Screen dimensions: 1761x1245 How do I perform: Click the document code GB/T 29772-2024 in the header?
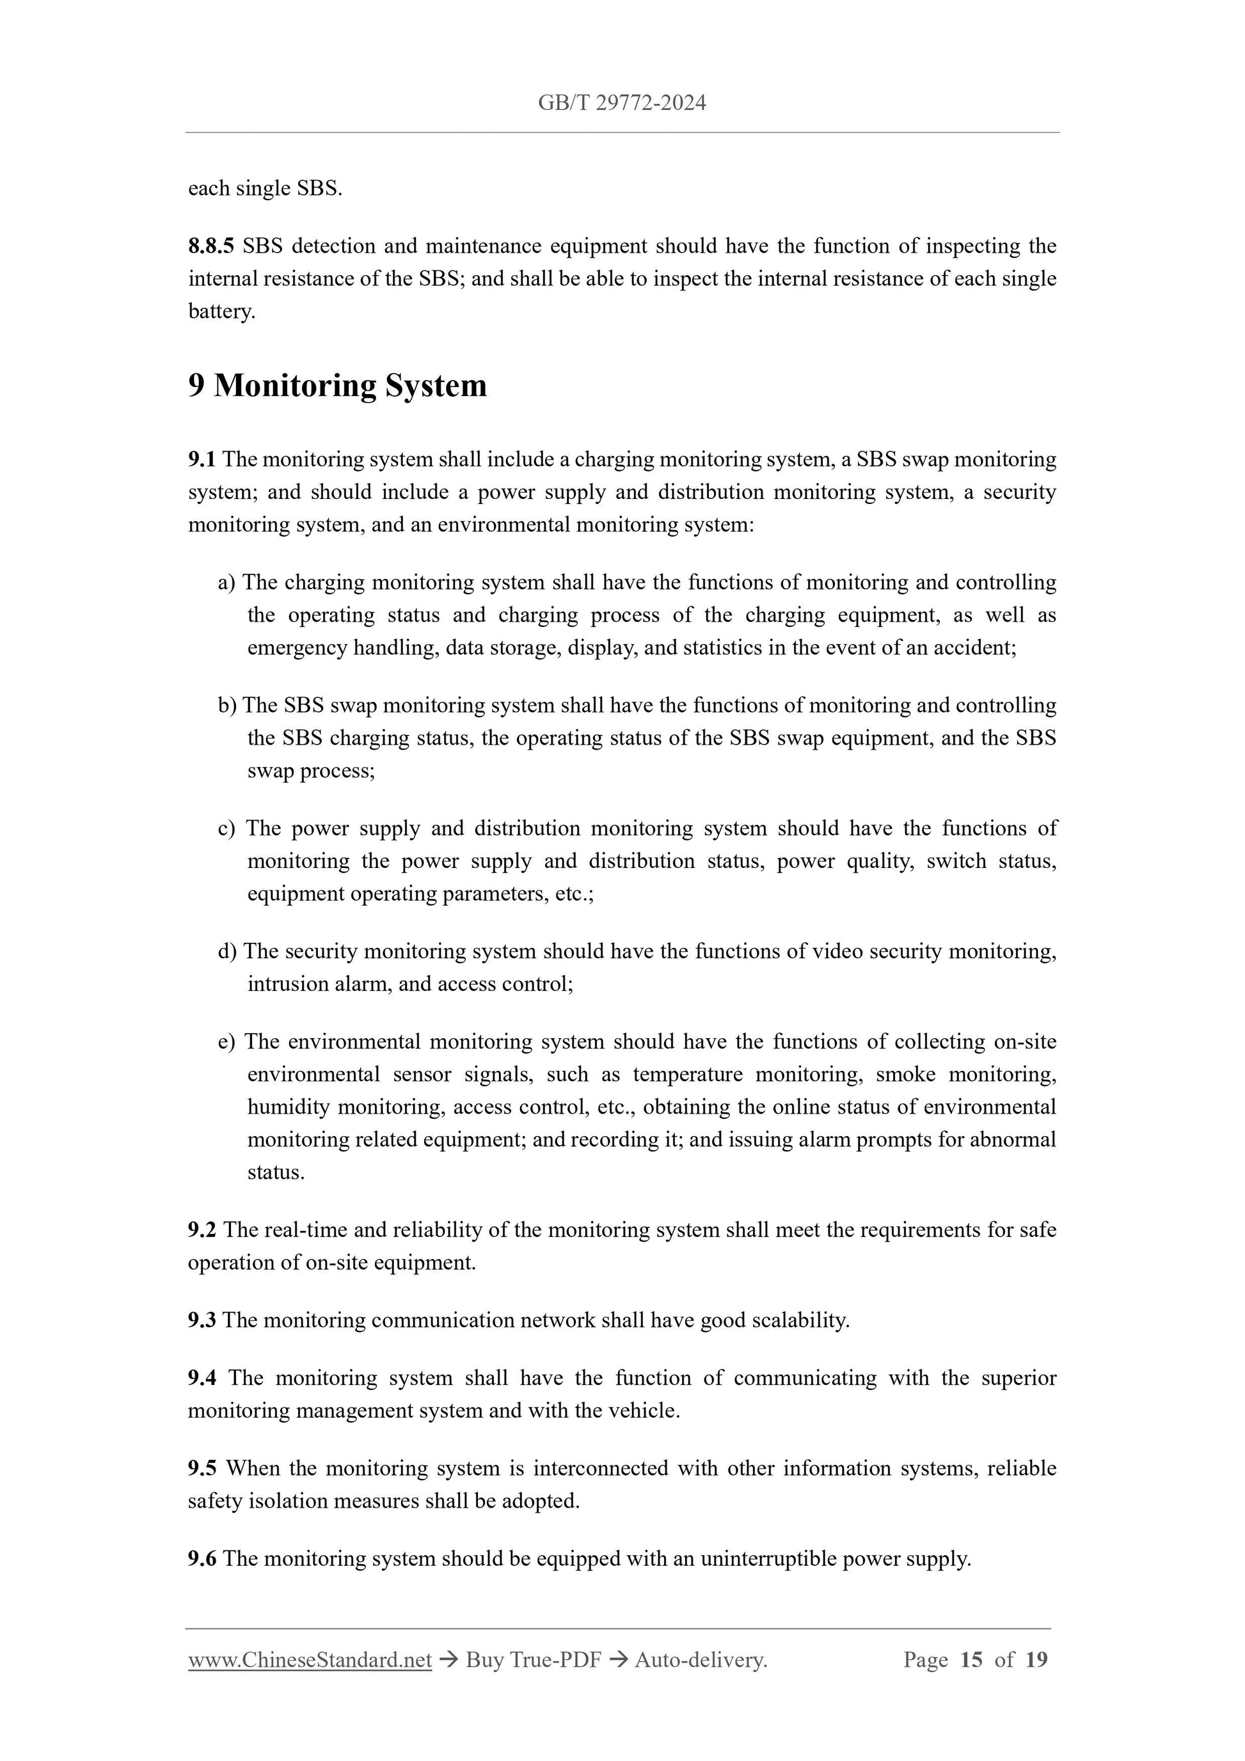(x=621, y=103)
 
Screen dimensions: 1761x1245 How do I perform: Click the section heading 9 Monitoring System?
(x=338, y=385)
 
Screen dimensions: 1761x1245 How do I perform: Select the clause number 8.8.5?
(x=211, y=246)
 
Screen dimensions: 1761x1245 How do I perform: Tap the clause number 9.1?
(x=202, y=459)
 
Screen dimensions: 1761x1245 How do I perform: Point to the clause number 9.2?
(x=202, y=1229)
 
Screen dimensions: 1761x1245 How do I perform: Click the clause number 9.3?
(x=202, y=1320)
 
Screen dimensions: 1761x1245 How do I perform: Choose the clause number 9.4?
(x=202, y=1377)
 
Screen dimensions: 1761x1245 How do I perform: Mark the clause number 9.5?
(x=202, y=1468)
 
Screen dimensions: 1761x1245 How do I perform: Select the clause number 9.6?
(x=202, y=1558)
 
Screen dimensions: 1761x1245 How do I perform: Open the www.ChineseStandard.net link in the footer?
(x=310, y=1660)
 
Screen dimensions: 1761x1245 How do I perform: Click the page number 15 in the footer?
(x=971, y=1660)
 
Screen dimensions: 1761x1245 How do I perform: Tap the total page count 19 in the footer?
(x=1036, y=1660)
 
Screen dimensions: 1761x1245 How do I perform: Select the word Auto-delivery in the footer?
(x=701, y=1660)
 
